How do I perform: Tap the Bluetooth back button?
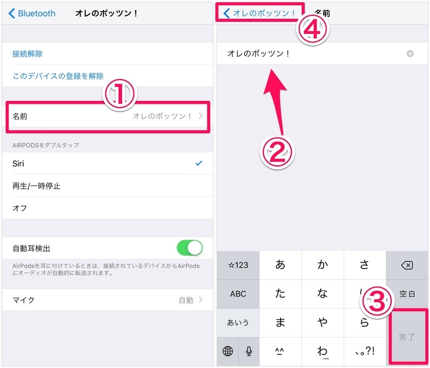click(32, 13)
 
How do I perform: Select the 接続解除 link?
click(27, 54)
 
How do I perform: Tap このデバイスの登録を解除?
click(58, 76)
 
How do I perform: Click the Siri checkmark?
click(199, 163)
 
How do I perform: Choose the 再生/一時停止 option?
click(36, 186)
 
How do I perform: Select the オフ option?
click(19, 208)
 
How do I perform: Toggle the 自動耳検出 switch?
click(190, 248)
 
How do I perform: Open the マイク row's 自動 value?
click(186, 300)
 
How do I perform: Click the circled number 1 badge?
click(120, 94)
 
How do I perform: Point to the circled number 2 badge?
click(277, 152)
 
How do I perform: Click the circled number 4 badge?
click(312, 30)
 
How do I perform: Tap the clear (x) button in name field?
click(410, 54)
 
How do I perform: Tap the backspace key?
click(407, 265)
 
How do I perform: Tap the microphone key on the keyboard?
click(249, 351)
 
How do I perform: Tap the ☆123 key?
click(238, 265)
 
